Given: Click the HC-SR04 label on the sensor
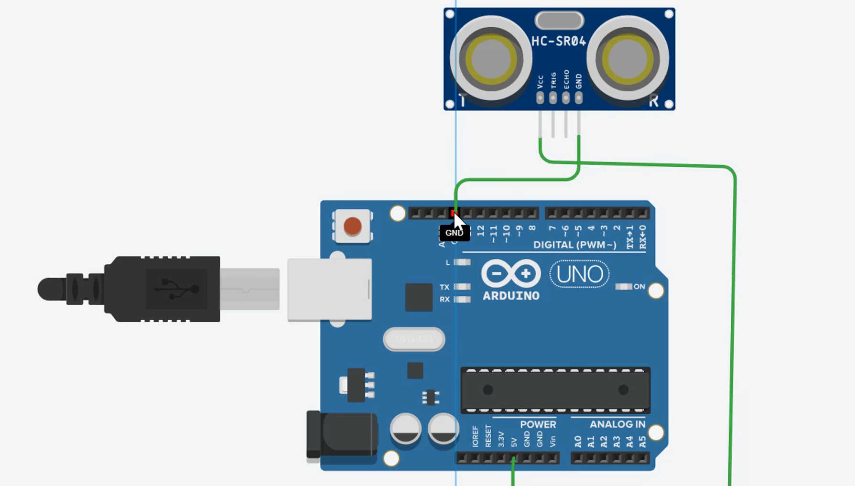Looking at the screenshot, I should click(558, 42).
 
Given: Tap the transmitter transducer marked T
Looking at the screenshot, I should click(491, 59).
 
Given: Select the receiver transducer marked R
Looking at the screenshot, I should click(628, 59).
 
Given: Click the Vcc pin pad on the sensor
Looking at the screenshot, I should click(540, 98).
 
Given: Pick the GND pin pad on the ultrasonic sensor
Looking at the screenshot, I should click(579, 98).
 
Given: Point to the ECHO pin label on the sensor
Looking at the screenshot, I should click(566, 79).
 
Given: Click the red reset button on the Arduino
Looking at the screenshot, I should click(353, 226).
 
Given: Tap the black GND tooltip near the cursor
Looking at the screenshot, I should click(454, 233).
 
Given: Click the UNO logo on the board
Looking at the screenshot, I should click(579, 274).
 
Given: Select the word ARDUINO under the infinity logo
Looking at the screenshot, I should click(511, 296).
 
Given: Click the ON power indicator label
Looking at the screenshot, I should click(639, 287).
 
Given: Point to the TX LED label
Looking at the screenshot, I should click(444, 287).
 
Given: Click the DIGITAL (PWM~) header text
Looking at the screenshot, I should click(574, 245).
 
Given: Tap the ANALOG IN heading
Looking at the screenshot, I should click(617, 424).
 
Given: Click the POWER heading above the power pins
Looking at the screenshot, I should click(538, 424).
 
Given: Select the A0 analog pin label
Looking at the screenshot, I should click(578, 442).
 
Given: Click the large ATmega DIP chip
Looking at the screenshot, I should click(555, 390).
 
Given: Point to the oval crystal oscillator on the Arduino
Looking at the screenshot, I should click(414, 339).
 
